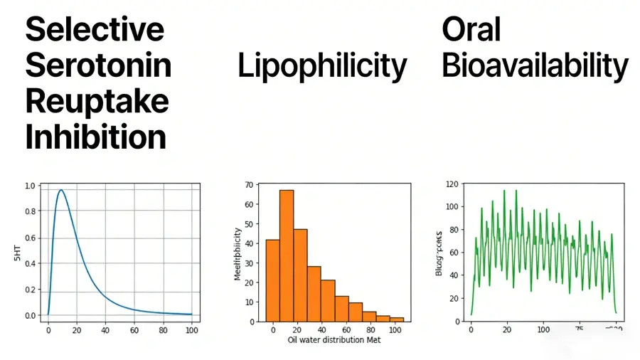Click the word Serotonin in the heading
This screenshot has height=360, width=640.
point(98,65)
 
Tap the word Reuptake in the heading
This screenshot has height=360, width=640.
point(97,100)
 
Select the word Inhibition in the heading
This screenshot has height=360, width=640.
point(95,135)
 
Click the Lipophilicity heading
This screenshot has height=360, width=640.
point(322,66)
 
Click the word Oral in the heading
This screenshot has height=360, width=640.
point(471,30)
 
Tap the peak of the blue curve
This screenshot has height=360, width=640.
point(61,190)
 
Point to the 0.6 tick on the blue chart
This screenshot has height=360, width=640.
point(29,238)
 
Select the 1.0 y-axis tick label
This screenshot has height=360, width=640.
point(29,186)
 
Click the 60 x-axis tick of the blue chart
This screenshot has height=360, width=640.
point(134,330)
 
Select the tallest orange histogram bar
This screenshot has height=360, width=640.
point(287,255)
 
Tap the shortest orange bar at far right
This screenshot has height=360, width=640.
point(397,319)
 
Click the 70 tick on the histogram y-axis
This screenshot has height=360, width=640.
point(247,185)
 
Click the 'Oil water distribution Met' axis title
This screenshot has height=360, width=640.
point(334,340)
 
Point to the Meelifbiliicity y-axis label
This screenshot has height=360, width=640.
point(238,253)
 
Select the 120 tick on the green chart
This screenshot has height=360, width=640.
point(454,184)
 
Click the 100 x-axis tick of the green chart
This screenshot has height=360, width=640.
point(543,330)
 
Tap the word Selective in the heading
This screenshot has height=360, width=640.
point(95,30)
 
